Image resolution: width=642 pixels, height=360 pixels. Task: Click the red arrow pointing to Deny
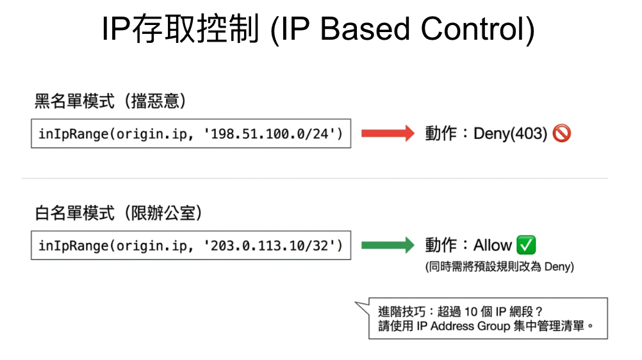[x=388, y=133]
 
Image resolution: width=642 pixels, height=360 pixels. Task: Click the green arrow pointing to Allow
[x=388, y=245]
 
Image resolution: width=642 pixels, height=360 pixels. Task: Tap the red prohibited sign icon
[x=561, y=133]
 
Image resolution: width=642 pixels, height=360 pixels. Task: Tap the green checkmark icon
[x=526, y=245]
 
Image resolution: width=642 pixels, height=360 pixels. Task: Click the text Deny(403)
[x=510, y=133]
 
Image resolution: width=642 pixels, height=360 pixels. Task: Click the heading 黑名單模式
[x=74, y=101]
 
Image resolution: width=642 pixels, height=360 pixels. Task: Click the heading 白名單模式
[x=74, y=213]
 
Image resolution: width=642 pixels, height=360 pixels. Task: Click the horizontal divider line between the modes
[x=315, y=178]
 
